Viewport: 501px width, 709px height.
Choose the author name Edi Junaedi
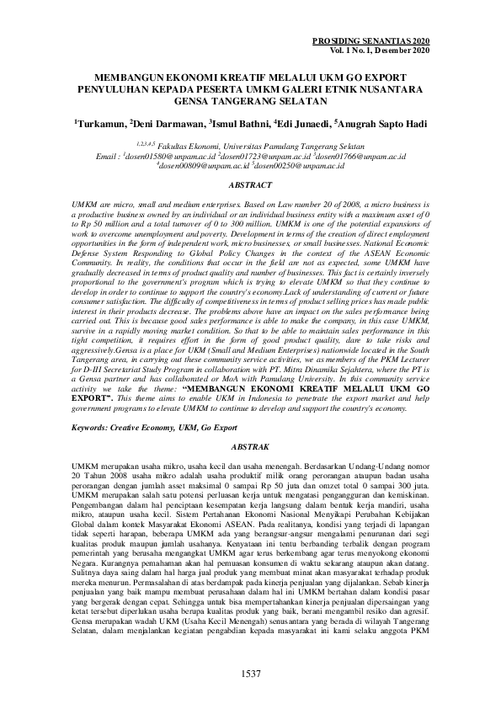pos(303,124)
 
